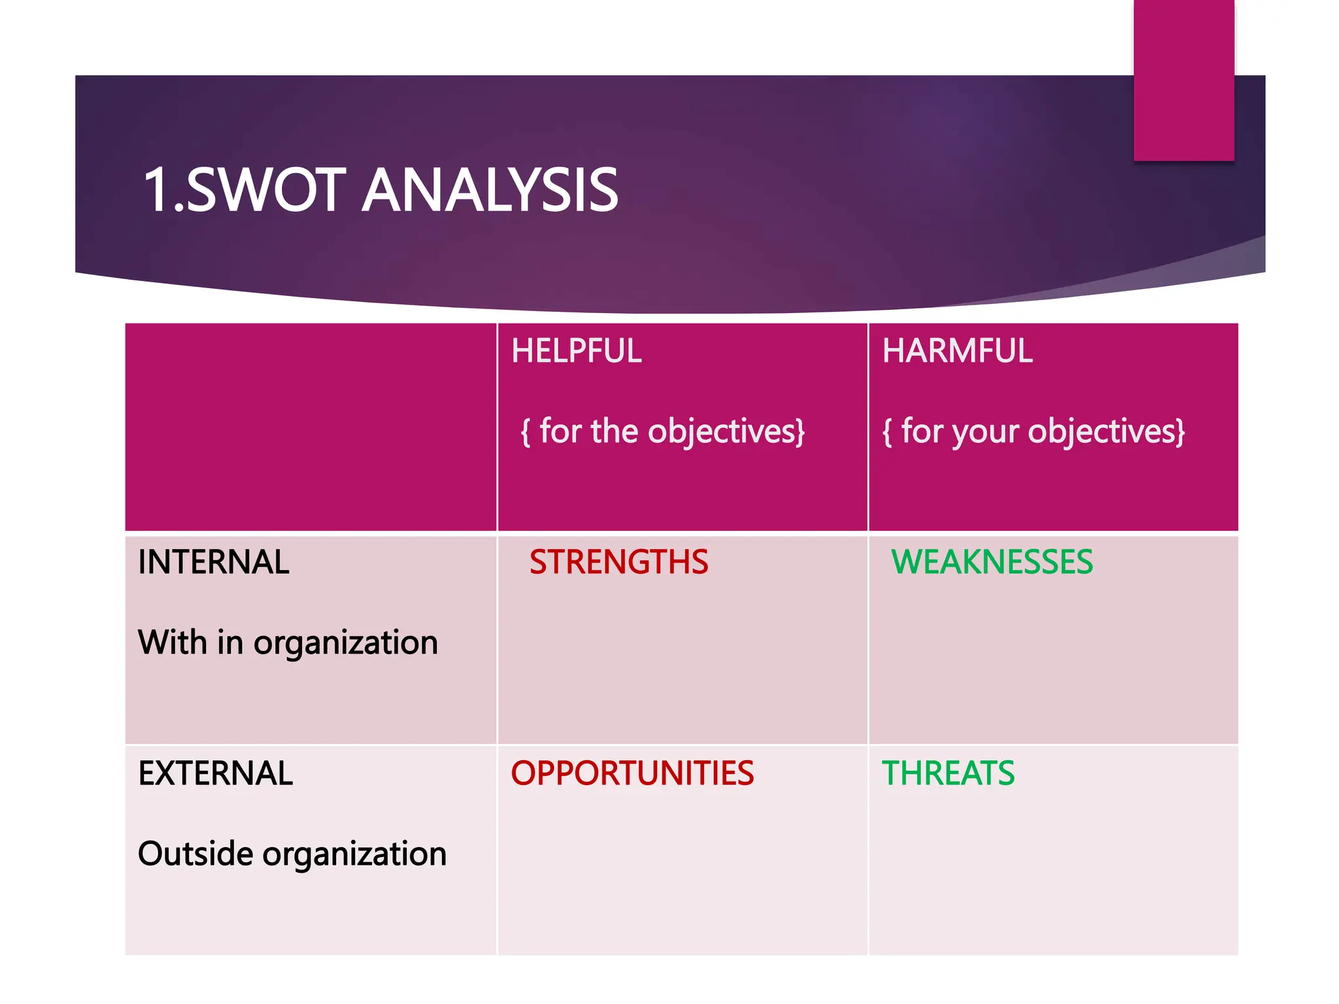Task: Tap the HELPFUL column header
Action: point(576,351)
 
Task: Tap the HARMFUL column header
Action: point(957,351)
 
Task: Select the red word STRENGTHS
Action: point(619,562)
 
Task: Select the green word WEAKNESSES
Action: point(991,562)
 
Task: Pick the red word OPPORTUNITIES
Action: point(632,773)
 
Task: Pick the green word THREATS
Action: point(948,773)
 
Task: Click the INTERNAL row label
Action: point(213,562)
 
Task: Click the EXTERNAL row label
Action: point(215,773)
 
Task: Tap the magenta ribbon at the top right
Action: point(1183,78)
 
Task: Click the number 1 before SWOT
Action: point(157,190)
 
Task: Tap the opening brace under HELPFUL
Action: point(525,432)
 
